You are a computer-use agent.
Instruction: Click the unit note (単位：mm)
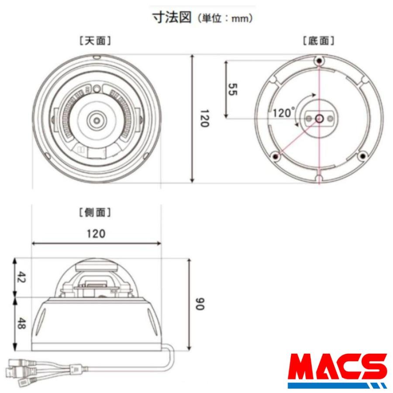click(224, 19)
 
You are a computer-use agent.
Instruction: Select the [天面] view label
click(95, 41)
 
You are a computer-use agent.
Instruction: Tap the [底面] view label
click(319, 41)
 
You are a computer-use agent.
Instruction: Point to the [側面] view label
click(95, 213)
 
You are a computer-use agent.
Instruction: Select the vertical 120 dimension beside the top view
click(201, 119)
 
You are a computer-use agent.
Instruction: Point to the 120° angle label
click(284, 113)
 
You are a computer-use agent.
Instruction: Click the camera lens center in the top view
click(95, 119)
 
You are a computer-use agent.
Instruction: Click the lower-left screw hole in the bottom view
click(275, 155)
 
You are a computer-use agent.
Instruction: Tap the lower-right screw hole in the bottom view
click(362, 155)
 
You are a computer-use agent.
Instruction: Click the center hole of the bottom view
click(319, 118)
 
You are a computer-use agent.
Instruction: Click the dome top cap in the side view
click(96, 264)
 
